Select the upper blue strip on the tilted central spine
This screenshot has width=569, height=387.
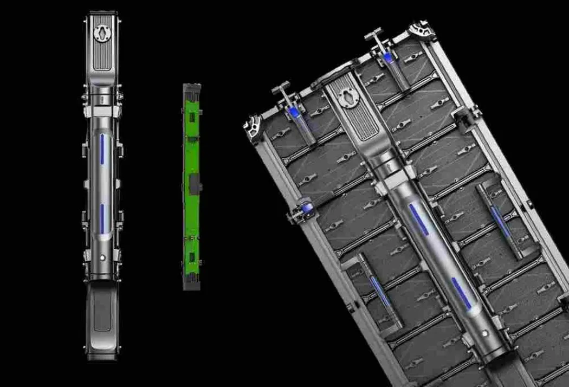[418, 220]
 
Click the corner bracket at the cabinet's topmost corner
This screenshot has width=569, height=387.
[423, 30]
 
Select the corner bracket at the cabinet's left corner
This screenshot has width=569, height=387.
[253, 129]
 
